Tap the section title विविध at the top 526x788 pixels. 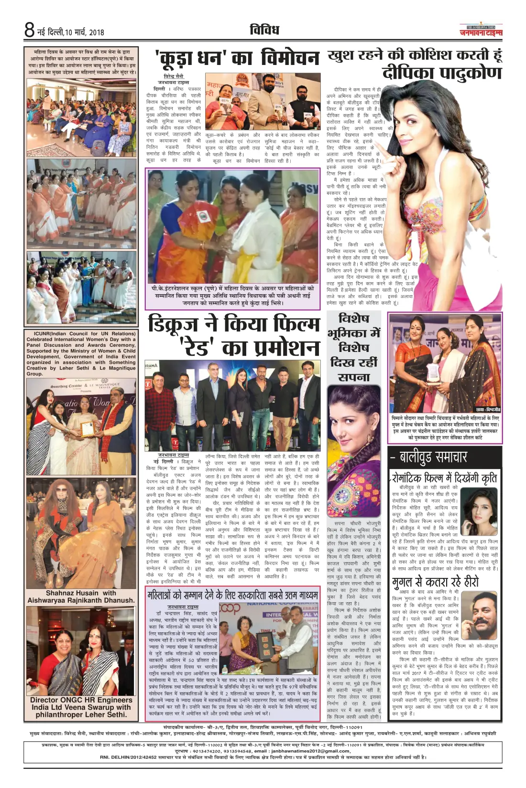coord(264,30)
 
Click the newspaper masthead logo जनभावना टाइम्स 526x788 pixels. coord(481,32)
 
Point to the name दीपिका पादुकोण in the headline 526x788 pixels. coord(442,73)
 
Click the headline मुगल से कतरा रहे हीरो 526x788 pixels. coord(435,582)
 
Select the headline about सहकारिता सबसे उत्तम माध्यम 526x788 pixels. coord(232,595)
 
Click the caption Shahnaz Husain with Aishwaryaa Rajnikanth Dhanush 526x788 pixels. coord(81,596)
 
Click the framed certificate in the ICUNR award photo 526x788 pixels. coord(87,428)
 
